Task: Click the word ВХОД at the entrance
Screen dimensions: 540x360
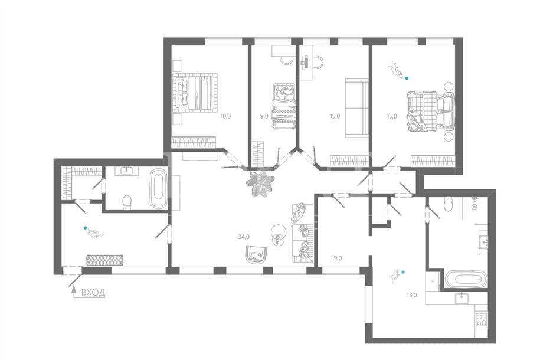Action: click(x=93, y=293)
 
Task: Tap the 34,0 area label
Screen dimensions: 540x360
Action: click(x=244, y=237)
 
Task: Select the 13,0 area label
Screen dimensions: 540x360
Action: click(x=411, y=294)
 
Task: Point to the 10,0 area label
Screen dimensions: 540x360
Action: click(x=225, y=116)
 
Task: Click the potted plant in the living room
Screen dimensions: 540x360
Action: click(x=260, y=184)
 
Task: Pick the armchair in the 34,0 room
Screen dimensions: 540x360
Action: click(x=256, y=254)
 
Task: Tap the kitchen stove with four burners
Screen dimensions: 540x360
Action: click(x=481, y=319)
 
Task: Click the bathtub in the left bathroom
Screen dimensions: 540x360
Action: click(x=158, y=188)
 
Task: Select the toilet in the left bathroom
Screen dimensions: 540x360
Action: click(x=127, y=202)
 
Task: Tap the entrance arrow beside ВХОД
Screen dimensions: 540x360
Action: click(x=73, y=292)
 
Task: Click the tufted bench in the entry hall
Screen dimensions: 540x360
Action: click(x=104, y=260)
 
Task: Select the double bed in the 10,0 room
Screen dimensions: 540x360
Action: click(x=195, y=92)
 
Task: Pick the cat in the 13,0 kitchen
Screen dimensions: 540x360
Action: click(x=395, y=276)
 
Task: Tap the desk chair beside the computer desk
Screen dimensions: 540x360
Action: click(x=318, y=63)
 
